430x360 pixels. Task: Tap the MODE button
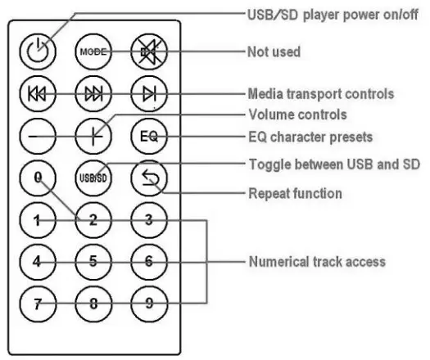tap(93, 52)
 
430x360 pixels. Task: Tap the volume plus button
tap(93, 137)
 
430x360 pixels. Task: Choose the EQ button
tap(147, 137)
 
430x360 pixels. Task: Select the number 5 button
tap(93, 262)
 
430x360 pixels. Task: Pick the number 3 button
tap(147, 220)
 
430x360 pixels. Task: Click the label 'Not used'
tap(274, 52)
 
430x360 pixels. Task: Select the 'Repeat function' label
tap(294, 194)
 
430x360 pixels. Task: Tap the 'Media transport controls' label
tap(320, 94)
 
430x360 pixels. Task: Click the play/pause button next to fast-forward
tap(147, 94)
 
